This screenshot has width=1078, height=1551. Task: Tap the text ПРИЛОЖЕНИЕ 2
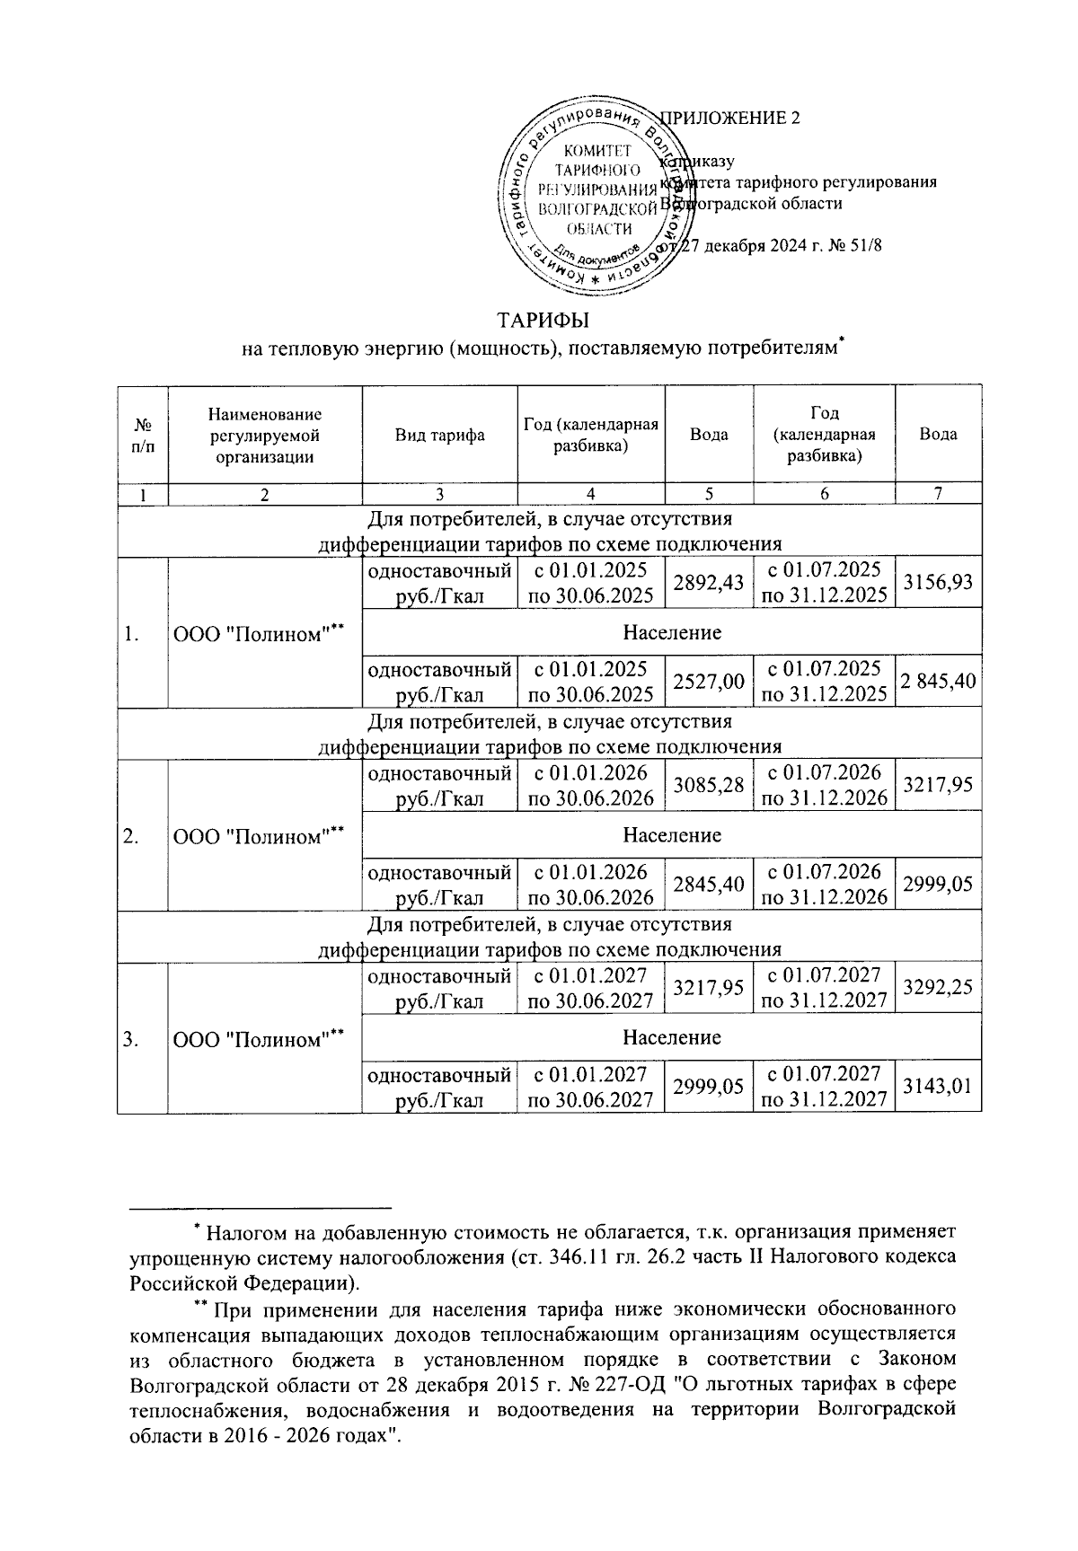730,119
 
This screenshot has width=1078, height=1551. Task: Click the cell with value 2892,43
709,583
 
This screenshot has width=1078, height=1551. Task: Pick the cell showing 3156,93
938,583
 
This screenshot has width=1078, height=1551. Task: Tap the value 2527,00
709,683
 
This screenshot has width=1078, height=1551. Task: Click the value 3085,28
709,785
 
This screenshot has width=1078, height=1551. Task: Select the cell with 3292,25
938,987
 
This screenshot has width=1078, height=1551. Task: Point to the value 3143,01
938,1088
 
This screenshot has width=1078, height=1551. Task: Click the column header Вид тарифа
440,435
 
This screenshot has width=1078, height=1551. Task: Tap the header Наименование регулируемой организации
264,435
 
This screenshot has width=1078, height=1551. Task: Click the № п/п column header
143,435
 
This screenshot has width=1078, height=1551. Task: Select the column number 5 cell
709,493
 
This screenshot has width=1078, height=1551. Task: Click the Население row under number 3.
672,1037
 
